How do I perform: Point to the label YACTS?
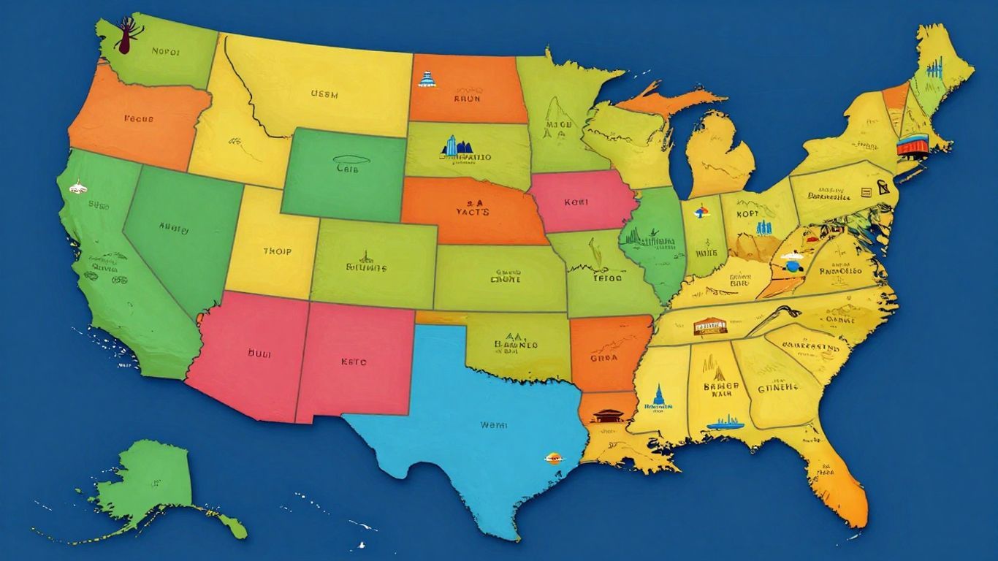(x=473, y=212)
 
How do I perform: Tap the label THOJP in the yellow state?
(x=277, y=251)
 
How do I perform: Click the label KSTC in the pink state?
(x=354, y=361)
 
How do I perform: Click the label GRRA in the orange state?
(x=604, y=358)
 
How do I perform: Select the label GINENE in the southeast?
(x=777, y=388)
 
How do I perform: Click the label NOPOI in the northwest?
(x=165, y=52)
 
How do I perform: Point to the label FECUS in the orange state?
(x=139, y=117)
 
